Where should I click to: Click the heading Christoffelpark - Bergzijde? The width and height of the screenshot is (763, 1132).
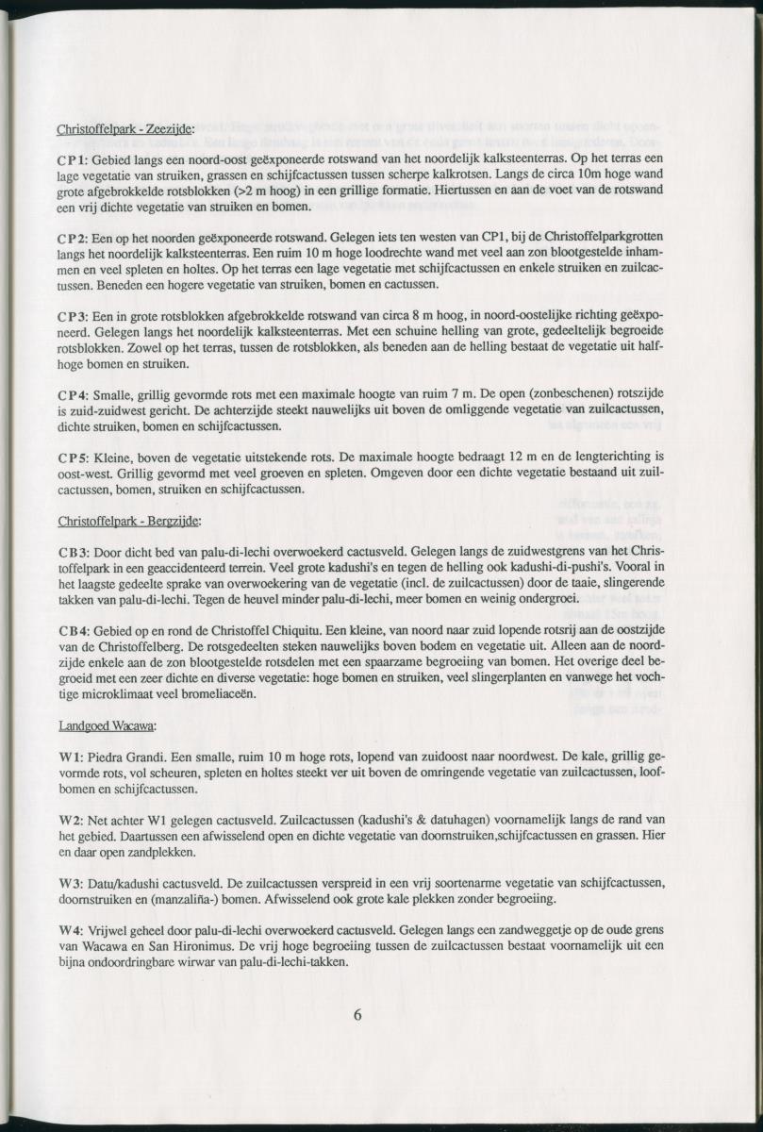128,521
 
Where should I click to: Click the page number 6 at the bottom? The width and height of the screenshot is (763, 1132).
357,1015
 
